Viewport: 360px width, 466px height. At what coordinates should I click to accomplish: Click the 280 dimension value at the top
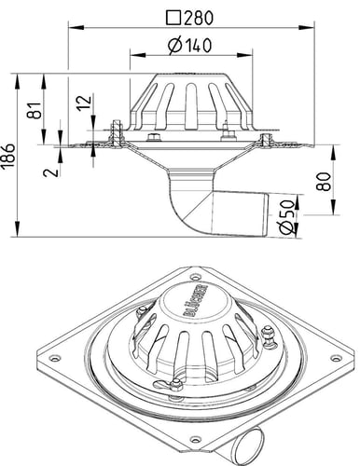199,18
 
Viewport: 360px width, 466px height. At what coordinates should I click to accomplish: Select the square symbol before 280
173,18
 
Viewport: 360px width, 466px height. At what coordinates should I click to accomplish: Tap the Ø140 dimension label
189,46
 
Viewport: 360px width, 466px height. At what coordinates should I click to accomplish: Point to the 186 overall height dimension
9,156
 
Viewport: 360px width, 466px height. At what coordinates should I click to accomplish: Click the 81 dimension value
35,110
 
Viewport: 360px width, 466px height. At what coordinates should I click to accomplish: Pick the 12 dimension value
84,103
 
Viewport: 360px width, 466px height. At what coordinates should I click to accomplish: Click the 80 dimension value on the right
323,181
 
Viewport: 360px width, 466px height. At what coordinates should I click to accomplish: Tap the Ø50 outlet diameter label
286,217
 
